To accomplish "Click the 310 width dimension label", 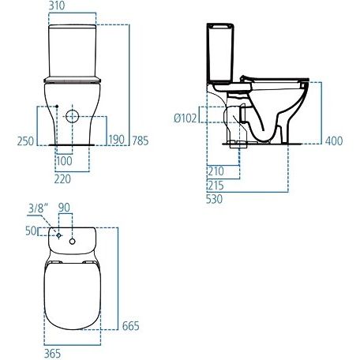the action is click(x=57, y=6).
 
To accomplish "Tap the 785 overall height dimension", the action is click(x=141, y=141).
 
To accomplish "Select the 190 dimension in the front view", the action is click(x=117, y=140).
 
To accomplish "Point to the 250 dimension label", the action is click(x=25, y=141).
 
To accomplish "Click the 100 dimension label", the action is click(x=64, y=161).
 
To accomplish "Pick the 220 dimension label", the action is click(x=62, y=179).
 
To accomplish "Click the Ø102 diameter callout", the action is click(x=186, y=118).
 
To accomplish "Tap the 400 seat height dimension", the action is click(x=334, y=141).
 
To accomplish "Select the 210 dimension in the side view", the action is click(x=216, y=171).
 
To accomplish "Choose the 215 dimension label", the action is click(x=216, y=186).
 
